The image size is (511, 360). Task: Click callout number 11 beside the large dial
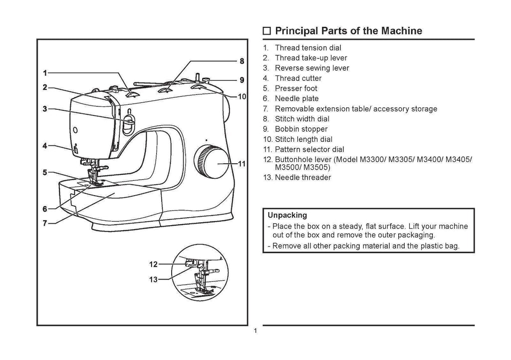click(242, 163)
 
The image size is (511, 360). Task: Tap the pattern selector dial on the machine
click(210, 161)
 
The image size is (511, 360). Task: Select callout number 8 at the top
click(242, 61)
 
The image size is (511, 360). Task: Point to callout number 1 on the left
click(45, 72)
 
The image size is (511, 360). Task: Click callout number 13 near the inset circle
click(154, 280)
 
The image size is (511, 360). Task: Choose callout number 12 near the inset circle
click(154, 264)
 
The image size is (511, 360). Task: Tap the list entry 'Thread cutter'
click(298, 78)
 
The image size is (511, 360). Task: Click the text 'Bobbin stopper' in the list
click(301, 129)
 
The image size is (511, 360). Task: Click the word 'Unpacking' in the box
click(287, 216)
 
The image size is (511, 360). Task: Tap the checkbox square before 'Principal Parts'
click(267, 31)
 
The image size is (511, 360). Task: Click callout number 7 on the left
click(45, 223)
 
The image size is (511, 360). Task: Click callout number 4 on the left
click(45, 146)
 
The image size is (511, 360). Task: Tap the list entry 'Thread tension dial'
click(308, 48)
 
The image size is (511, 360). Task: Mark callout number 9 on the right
click(242, 79)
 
